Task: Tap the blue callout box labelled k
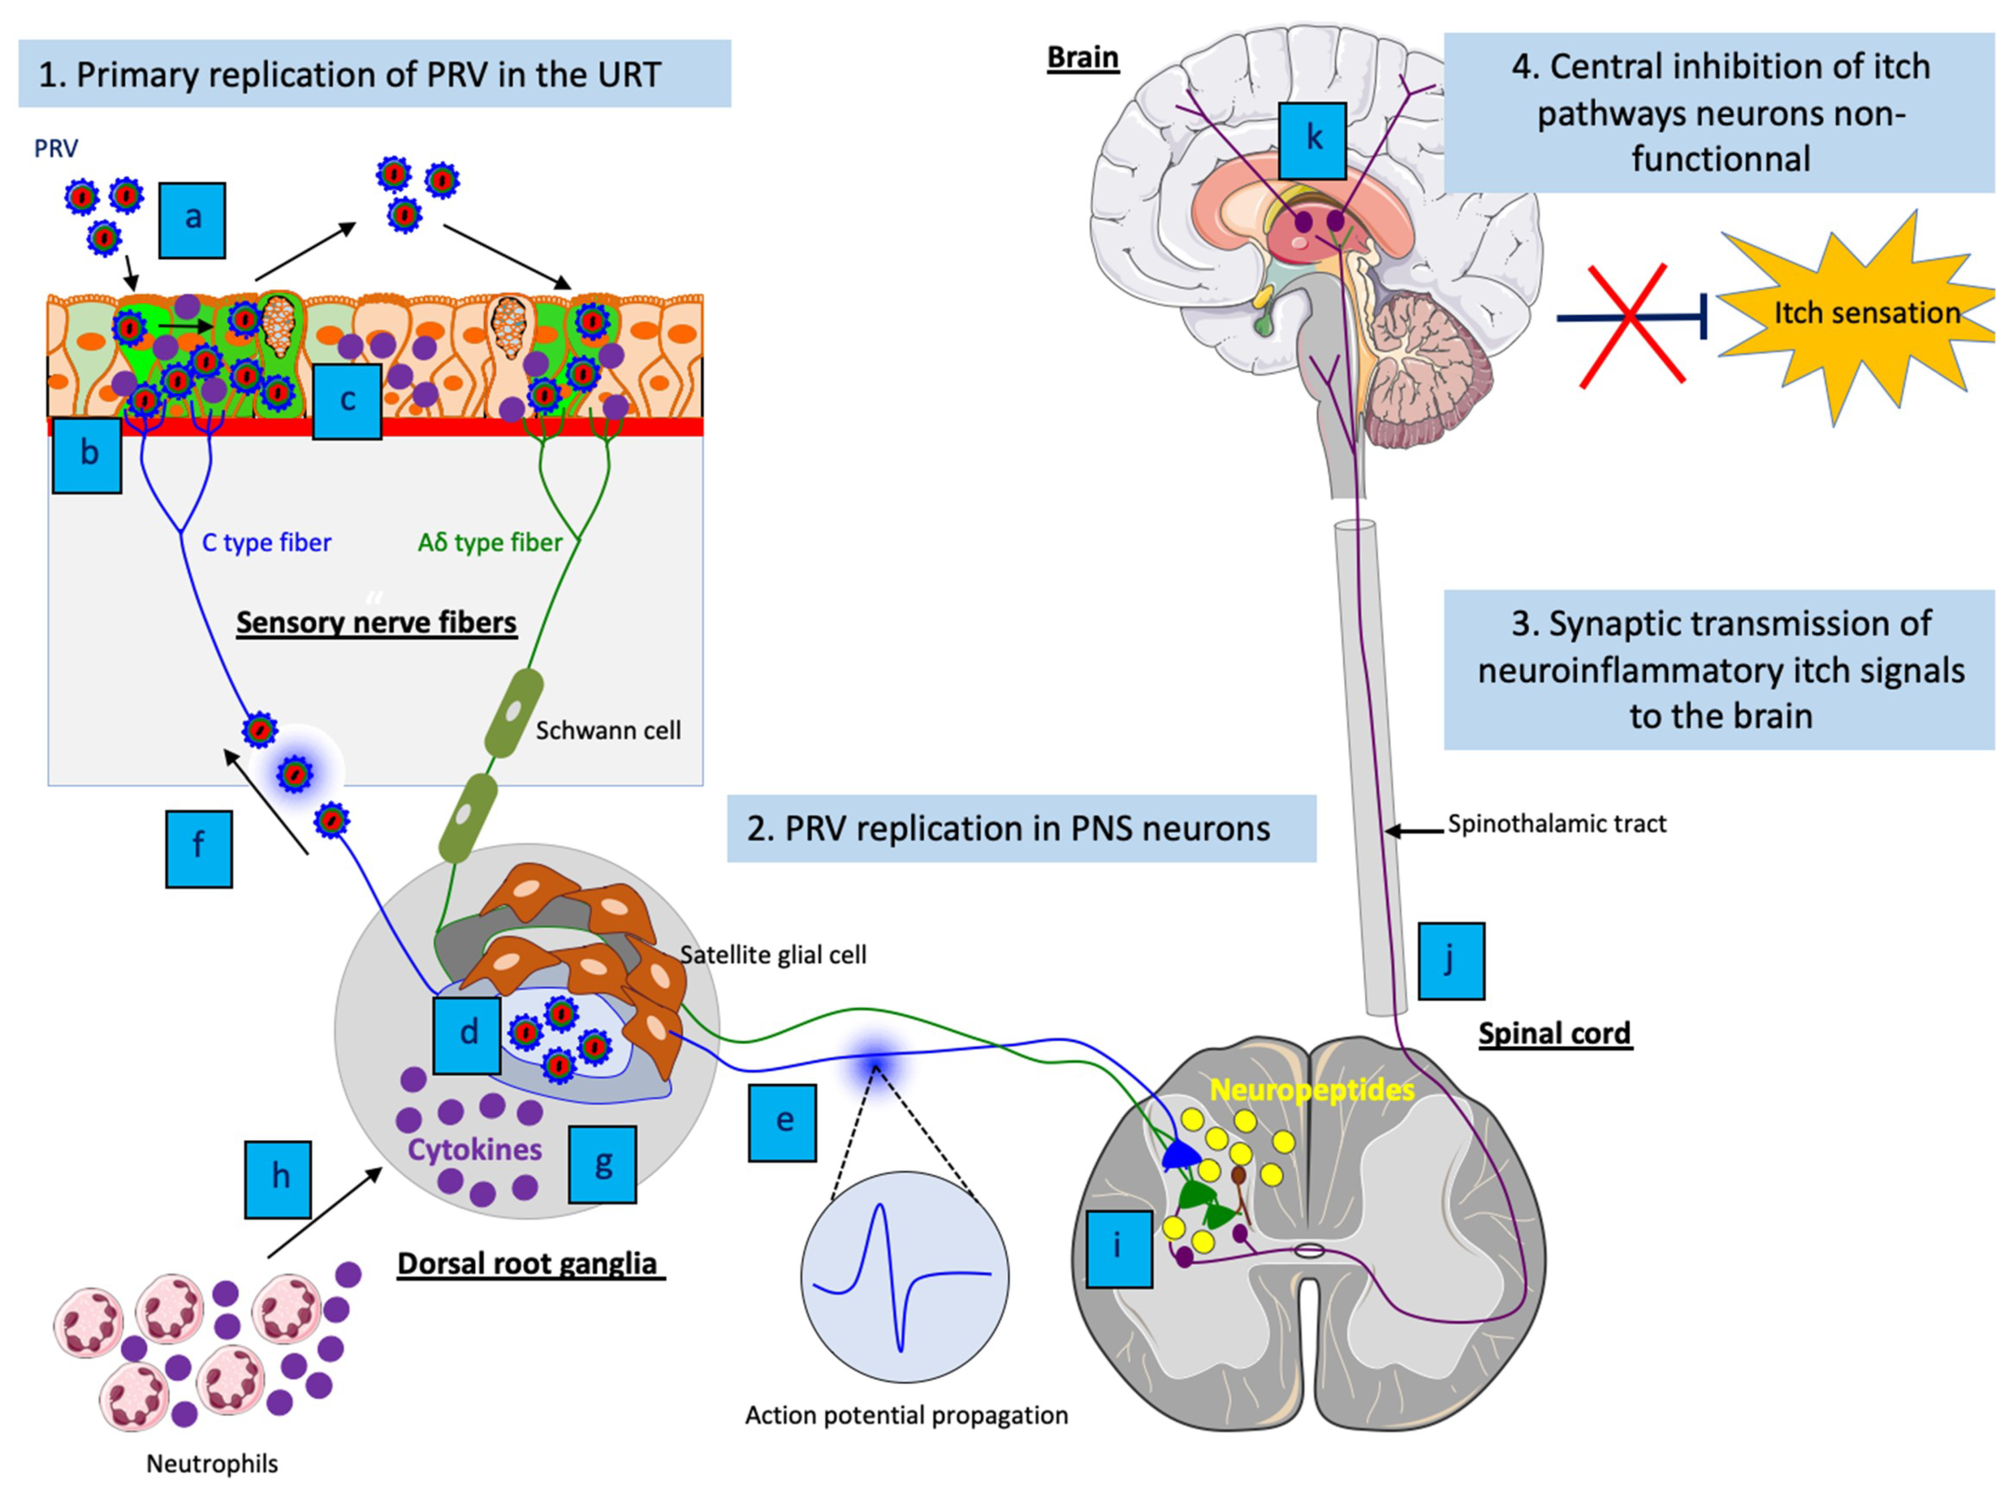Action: pos(1312,140)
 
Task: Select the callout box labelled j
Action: pos(1451,961)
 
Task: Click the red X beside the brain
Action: pos(1631,324)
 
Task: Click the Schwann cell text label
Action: pos(608,731)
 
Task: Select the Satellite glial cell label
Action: pos(773,955)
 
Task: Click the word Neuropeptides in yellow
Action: pos(1312,1090)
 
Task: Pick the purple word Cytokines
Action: pos(475,1149)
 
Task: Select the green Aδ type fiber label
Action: pos(490,542)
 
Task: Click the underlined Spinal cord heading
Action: pos(1554,1034)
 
